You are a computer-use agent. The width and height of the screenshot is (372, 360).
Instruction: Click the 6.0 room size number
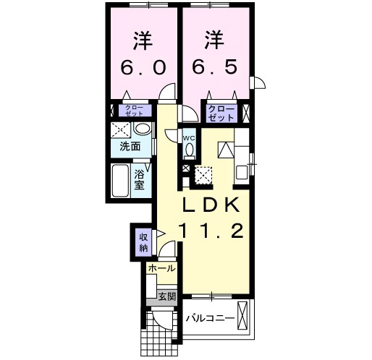[x=143, y=67]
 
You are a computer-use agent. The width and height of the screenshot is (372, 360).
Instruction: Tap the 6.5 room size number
[x=214, y=67]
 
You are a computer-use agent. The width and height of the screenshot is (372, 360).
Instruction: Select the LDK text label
[x=211, y=205]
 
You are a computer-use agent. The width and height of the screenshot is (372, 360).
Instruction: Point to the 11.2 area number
[x=211, y=231]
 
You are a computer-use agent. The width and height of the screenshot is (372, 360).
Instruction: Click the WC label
[x=189, y=138]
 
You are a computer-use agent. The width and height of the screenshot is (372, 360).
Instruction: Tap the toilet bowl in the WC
[x=190, y=150]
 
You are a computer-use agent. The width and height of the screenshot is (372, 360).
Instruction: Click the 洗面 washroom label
[x=130, y=147]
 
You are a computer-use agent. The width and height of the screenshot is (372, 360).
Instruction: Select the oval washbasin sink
[x=142, y=129]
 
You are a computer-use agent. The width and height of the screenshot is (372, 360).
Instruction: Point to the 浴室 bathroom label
[x=140, y=179]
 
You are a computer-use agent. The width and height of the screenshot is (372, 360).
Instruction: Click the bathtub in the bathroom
[x=120, y=181]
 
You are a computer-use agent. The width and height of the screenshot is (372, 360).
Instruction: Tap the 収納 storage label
[x=143, y=243]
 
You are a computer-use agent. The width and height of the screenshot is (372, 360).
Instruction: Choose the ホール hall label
[x=161, y=268]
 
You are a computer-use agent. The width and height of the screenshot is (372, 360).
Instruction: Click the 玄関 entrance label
[x=166, y=296]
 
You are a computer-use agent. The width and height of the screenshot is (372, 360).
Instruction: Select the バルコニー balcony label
[x=210, y=319]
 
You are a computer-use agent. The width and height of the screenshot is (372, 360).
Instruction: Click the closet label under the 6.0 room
[x=134, y=111]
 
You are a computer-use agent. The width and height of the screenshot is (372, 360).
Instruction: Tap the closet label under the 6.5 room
[x=221, y=113]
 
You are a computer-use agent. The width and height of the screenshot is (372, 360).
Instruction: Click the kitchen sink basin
[x=242, y=173]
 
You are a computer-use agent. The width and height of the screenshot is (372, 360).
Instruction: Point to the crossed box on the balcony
[x=242, y=316]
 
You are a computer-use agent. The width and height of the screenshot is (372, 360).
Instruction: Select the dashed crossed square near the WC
[x=203, y=175]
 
